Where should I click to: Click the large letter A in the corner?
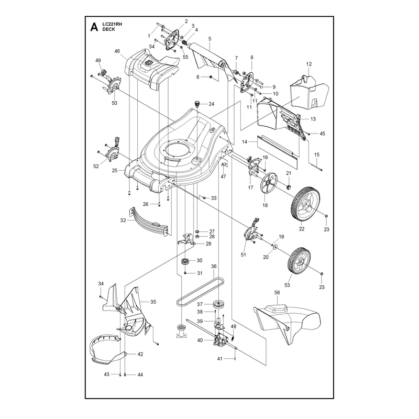(x=94, y=27)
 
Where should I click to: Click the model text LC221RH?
(x=112, y=24)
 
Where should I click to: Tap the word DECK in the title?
(x=109, y=29)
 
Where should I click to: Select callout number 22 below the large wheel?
(x=302, y=229)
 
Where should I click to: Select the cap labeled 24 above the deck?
(x=197, y=103)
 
